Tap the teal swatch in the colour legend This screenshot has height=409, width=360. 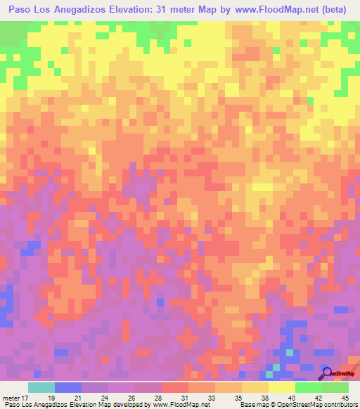point(41,387)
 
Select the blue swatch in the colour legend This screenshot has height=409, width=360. point(68,387)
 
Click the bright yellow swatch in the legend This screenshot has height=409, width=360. point(282,387)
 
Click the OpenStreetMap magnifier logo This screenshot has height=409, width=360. point(327,372)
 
